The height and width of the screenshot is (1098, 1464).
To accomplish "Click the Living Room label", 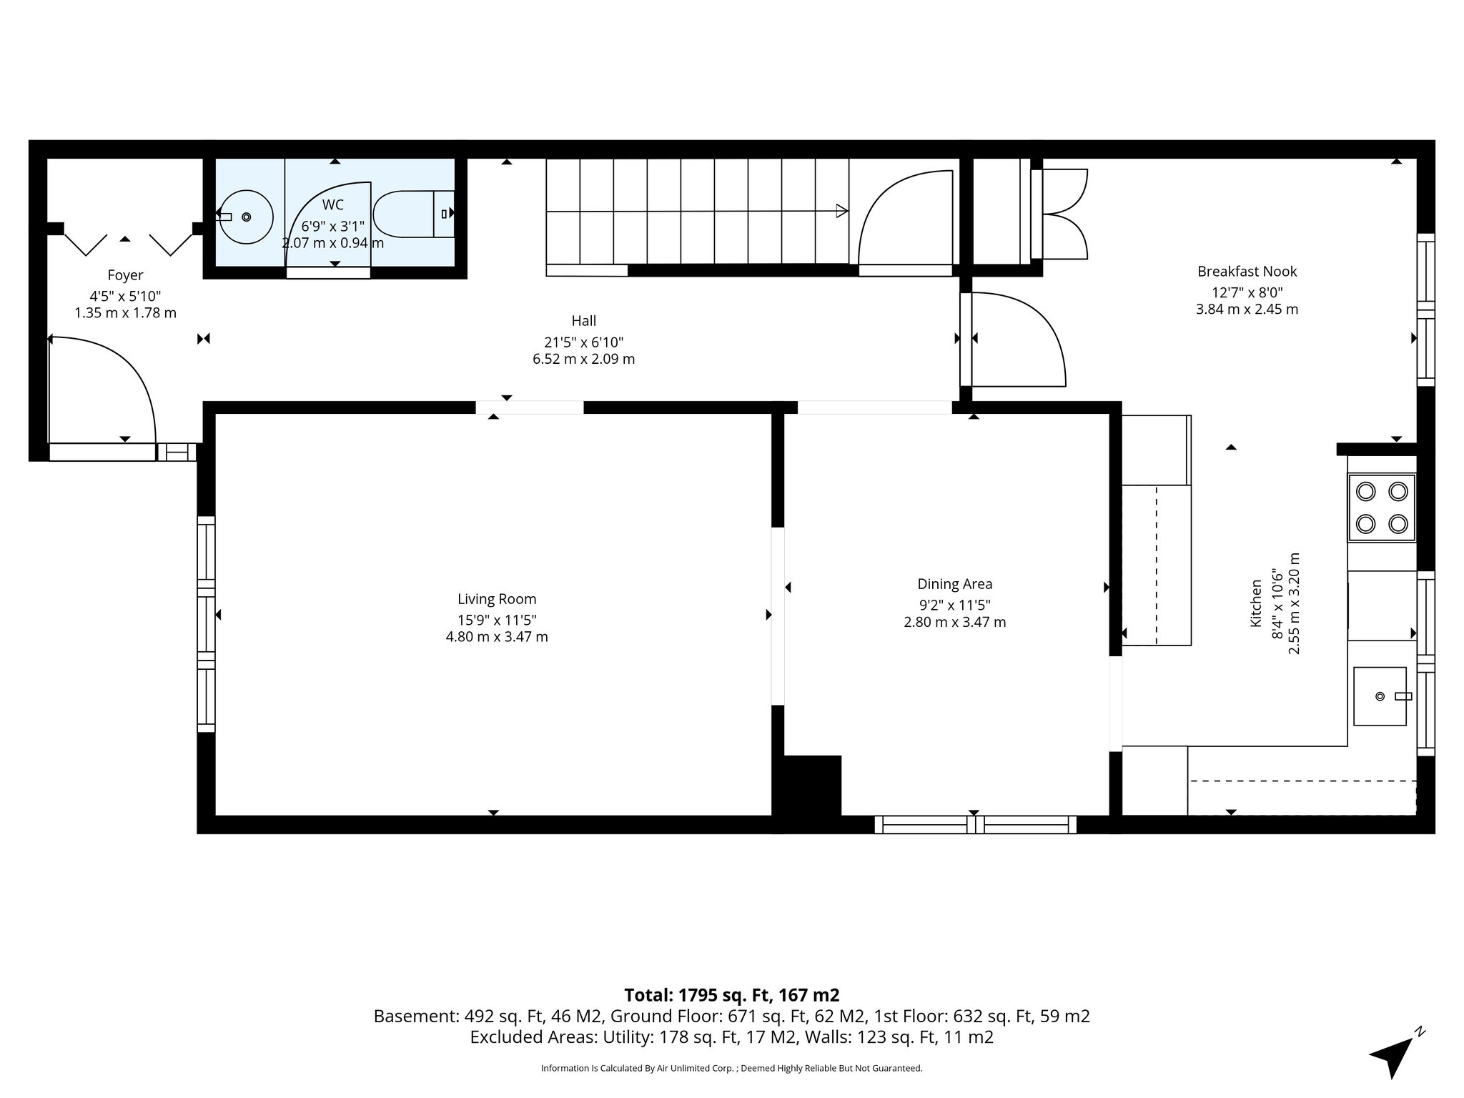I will tap(497, 599).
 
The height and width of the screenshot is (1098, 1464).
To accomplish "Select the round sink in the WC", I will tap(246, 217).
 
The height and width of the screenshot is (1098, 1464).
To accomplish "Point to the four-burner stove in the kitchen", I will tap(1381, 508).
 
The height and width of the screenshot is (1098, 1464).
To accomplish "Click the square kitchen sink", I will tap(1380, 696).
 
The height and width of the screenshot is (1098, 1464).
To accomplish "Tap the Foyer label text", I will tap(125, 275).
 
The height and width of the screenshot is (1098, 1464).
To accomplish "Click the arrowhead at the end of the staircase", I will tap(842, 211).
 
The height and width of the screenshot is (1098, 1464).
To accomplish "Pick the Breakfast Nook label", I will tap(1247, 272).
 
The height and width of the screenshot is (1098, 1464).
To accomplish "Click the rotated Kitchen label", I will tap(1255, 603).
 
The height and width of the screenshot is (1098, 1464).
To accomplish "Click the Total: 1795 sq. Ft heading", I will tap(731, 995).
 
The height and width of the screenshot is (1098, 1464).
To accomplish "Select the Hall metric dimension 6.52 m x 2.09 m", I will tap(583, 359).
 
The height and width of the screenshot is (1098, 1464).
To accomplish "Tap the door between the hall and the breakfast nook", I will tap(1015, 340).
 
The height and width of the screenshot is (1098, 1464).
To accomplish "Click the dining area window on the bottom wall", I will tap(975, 824).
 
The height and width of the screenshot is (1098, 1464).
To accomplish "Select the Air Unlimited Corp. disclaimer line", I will tap(731, 1068).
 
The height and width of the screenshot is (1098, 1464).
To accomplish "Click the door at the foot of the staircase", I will tap(905, 222).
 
